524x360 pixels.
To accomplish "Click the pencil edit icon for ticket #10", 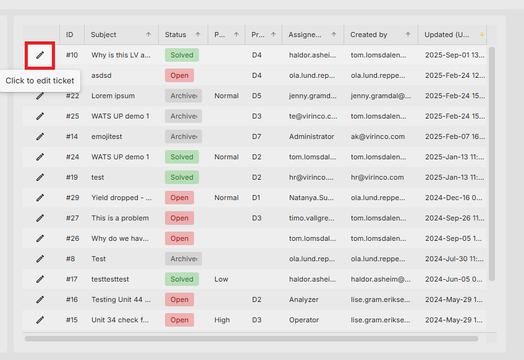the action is pyautogui.click(x=40, y=55).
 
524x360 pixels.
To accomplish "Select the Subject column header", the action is pyautogui.click(x=104, y=35).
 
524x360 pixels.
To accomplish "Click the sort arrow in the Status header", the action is pyautogui.click(x=198, y=35).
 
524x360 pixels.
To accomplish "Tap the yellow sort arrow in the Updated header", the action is pyautogui.click(x=481, y=35).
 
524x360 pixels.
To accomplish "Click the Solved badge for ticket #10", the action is pyautogui.click(x=182, y=55).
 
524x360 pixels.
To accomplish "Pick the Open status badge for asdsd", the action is pyautogui.click(x=179, y=75).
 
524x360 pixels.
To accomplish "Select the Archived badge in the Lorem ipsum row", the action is pyautogui.click(x=184, y=96).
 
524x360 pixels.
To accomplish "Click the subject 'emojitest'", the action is pyautogui.click(x=107, y=136).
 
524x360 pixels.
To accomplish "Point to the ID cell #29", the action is pyautogui.click(x=72, y=198).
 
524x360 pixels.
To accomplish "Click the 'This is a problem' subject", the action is pyautogui.click(x=120, y=218).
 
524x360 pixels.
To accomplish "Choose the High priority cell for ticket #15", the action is pyautogui.click(x=222, y=320).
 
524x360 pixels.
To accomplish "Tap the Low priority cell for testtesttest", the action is pyautogui.click(x=221, y=279).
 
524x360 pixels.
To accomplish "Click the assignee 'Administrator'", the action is pyautogui.click(x=311, y=136).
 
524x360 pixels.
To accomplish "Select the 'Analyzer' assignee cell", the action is pyautogui.click(x=304, y=299).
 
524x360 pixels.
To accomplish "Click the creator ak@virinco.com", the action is pyautogui.click(x=378, y=136).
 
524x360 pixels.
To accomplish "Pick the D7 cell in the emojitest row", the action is pyautogui.click(x=256, y=136).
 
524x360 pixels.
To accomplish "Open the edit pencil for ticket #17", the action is pyautogui.click(x=40, y=279).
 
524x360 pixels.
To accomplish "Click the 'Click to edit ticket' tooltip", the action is pyautogui.click(x=40, y=81).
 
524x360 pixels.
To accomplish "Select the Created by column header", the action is pyautogui.click(x=369, y=35).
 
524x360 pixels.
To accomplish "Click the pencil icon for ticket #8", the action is pyautogui.click(x=40, y=259).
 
